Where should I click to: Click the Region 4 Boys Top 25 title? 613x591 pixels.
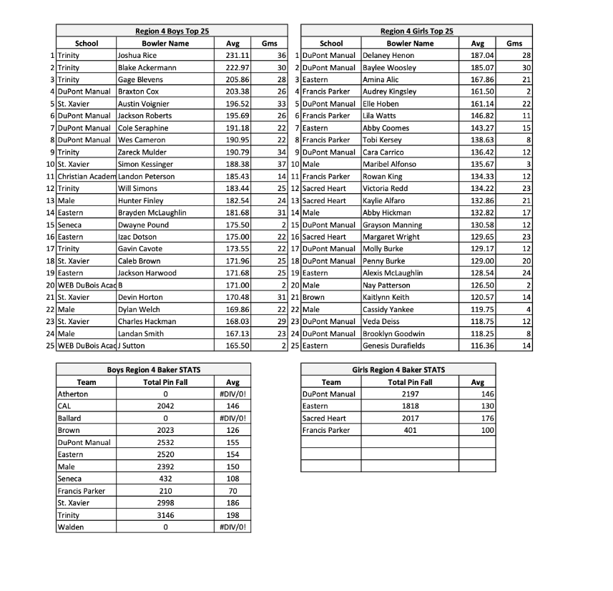172,31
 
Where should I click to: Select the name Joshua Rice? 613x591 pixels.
137,55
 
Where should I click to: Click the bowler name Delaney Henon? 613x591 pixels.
388,55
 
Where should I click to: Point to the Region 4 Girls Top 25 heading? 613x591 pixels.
416,31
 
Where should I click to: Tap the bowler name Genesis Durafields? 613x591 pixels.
393,346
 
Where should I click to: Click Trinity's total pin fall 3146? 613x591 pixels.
165,515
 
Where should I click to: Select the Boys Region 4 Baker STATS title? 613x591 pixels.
154,370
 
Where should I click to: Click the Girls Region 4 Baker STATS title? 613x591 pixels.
398,370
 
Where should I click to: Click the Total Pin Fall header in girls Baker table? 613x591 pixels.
409,382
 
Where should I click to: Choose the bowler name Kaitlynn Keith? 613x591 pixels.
386,297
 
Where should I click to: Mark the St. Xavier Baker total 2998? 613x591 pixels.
165,503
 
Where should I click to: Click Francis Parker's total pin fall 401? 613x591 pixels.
410,430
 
